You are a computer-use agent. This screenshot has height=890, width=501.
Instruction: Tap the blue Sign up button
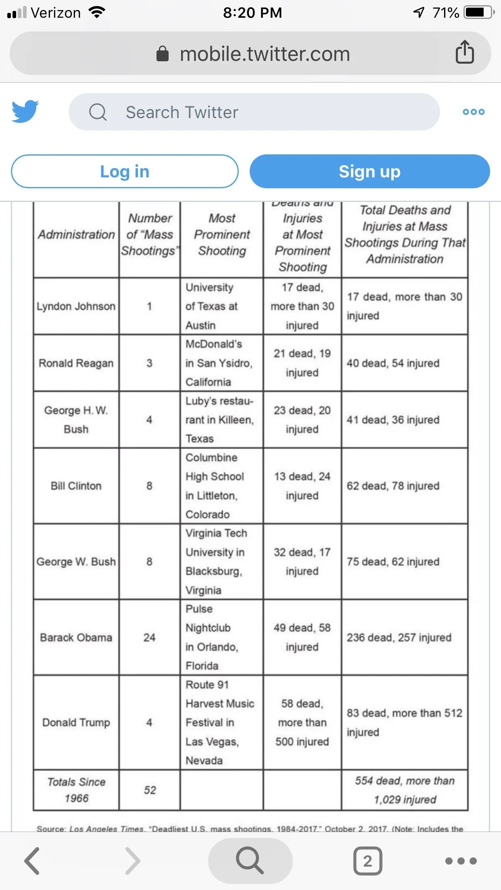tap(369, 171)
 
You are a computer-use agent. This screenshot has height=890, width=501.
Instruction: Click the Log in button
tap(125, 171)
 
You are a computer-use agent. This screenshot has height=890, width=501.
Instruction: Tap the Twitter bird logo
tap(25, 112)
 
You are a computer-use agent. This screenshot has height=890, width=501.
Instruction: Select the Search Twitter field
tap(254, 112)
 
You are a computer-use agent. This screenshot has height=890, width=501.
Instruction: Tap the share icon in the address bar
tap(465, 52)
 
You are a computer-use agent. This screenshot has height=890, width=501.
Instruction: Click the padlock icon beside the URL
tap(163, 54)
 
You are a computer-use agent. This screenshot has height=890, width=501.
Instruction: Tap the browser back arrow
tap(32, 861)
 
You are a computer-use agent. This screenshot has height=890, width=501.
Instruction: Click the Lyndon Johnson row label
tap(76, 306)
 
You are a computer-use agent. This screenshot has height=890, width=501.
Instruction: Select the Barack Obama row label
tap(76, 637)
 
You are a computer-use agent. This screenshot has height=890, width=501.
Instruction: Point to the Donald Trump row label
tap(76, 722)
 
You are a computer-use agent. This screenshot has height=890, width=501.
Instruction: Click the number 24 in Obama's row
tap(149, 637)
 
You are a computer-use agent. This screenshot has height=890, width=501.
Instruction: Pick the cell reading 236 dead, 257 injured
tap(399, 637)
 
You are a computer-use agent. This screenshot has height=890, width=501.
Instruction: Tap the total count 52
tap(150, 790)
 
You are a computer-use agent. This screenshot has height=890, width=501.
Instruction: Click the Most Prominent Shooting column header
tap(222, 235)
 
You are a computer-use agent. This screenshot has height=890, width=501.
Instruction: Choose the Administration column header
tap(76, 235)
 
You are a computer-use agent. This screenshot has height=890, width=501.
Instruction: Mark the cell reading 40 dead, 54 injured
tap(393, 363)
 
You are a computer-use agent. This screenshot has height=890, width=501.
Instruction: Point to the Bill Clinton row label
tap(76, 486)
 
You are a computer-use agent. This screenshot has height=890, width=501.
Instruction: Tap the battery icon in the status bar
tap(478, 12)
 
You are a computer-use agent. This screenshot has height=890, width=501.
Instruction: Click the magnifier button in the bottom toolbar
tap(250, 861)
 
